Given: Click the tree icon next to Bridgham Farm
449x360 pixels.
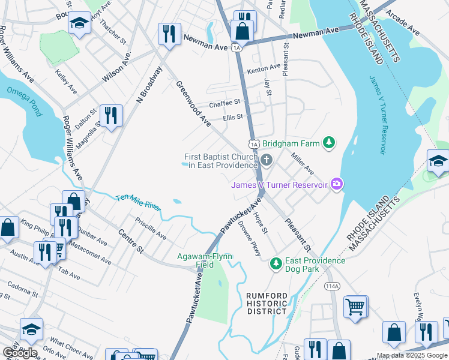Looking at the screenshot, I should click(328, 143).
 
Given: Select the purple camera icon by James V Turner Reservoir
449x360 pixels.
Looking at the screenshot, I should click(337, 184).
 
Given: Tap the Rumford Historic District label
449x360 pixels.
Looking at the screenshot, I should click(267, 303).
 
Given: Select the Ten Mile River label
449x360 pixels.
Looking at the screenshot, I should click(138, 202).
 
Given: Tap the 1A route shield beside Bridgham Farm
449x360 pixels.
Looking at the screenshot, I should click(254, 144).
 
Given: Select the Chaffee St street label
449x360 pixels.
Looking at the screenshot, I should click(224, 103).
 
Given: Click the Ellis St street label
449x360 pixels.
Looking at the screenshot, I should click(233, 117).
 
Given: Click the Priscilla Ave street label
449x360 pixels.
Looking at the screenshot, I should click(151, 229).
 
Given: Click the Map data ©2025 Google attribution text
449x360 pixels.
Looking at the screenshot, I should click(412, 355).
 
